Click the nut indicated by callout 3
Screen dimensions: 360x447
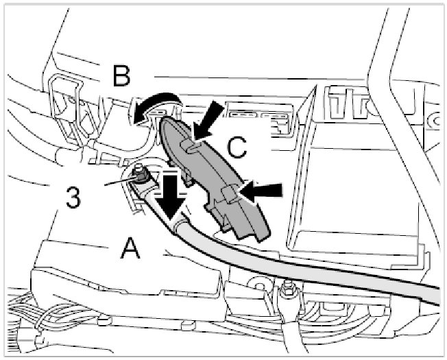pyautogui.click(x=140, y=178)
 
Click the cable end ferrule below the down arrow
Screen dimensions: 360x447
pyautogui.click(x=180, y=221)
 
